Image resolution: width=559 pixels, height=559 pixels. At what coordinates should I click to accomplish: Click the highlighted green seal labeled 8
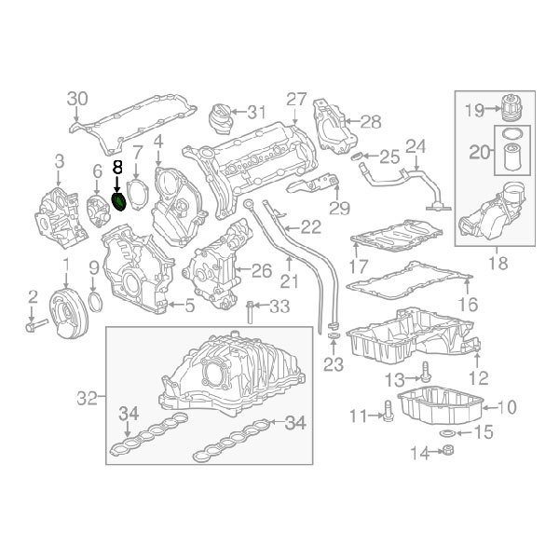pyautogui.click(x=119, y=202)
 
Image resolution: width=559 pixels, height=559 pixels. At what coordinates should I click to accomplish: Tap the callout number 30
pyautogui.click(x=77, y=99)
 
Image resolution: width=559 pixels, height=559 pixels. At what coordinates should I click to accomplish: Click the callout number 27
pyautogui.click(x=296, y=99)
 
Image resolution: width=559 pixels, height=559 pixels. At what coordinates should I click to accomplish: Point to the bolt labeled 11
pyautogui.click(x=385, y=415)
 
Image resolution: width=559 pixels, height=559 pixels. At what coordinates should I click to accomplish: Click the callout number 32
pyautogui.click(x=86, y=398)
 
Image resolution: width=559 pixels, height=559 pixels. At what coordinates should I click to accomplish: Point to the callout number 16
pyautogui.click(x=467, y=304)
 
